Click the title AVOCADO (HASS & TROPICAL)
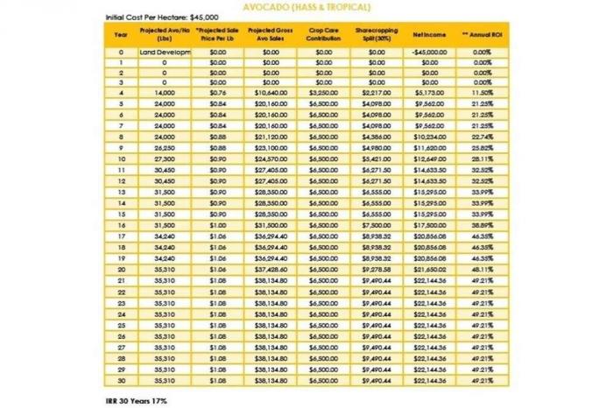pos(306,5)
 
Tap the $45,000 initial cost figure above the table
pos(202,17)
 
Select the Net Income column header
pos(430,34)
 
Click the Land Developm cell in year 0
pos(165,53)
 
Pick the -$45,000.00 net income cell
pos(430,53)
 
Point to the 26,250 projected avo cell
pos(165,149)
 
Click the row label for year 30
pos(121,382)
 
